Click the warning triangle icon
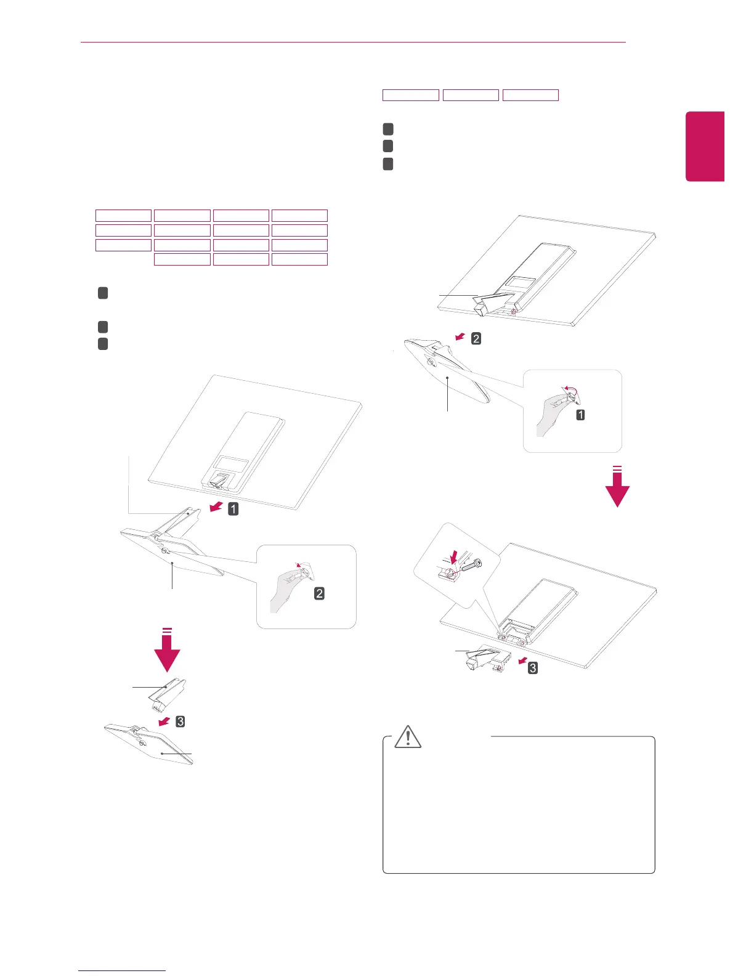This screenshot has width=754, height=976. (408, 736)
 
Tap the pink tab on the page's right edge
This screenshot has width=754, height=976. (705, 147)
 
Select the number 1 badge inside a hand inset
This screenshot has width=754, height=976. (580, 415)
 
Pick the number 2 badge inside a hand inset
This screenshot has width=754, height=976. (320, 593)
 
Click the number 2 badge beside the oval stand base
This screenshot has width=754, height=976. (476, 338)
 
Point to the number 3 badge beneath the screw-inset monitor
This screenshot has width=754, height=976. (533, 667)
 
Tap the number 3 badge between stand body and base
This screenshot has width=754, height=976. (180, 721)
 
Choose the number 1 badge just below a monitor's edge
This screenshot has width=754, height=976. (233, 509)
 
